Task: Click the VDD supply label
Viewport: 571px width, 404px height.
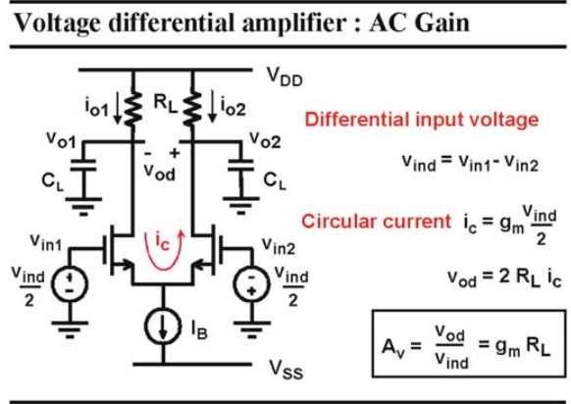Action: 285,77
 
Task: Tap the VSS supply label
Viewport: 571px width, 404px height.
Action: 286,370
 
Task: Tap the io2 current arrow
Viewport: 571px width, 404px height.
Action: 212,107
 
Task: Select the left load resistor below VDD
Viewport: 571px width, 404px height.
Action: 133,109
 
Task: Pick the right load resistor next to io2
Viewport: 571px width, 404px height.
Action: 192,109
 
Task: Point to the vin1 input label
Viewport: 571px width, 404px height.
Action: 46,243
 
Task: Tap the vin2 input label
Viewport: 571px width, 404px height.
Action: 279,246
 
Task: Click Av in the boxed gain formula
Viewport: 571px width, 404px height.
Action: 393,347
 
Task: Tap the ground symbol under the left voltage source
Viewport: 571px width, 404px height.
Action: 70,329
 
